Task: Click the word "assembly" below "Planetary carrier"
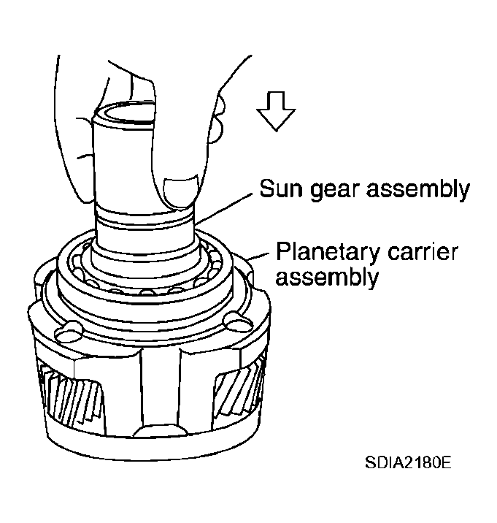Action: point(327,278)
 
